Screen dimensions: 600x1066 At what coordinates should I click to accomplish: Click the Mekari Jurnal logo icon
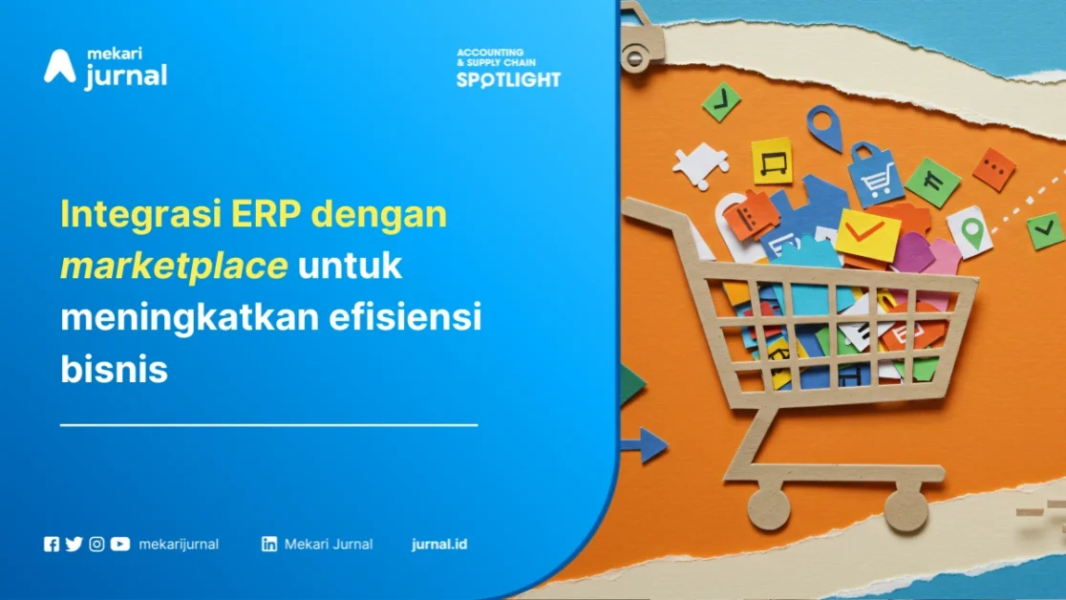coord(59,66)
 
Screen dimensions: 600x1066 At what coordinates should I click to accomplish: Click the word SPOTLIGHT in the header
coord(508,80)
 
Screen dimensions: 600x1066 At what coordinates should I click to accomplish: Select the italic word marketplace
coord(174,267)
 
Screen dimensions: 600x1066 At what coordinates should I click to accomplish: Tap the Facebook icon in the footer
coord(52,545)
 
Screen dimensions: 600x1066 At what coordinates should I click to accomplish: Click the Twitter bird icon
coord(74,545)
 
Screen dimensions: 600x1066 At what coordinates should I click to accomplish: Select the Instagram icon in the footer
coord(96,545)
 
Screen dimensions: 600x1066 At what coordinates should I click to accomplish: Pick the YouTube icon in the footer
coord(119,545)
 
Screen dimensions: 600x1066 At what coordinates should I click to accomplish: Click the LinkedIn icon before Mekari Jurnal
coord(269,545)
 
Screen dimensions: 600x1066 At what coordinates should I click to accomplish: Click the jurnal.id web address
coord(439,545)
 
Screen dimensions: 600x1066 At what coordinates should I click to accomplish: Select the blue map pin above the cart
coord(823,124)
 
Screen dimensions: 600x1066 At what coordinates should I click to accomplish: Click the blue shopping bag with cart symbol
coord(876,174)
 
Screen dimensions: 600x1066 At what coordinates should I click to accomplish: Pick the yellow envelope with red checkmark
coord(867,234)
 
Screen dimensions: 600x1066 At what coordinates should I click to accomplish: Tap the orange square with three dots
coord(994,169)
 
